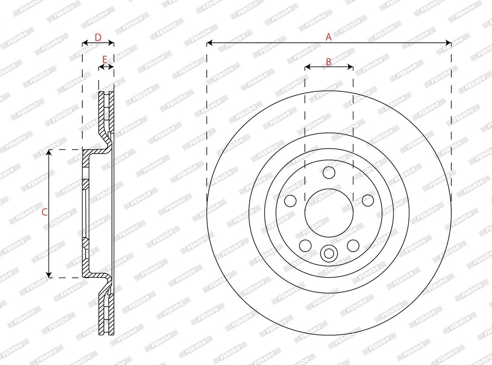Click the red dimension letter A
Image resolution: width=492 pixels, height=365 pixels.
pyautogui.click(x=329, y=37)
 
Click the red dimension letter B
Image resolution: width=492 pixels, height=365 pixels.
pyautogui.click(x=329, y=62)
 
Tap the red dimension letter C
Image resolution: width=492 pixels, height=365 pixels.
pyautogui.click(x=45, y=212)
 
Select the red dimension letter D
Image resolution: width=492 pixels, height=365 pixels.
pyautogui.click(x=98, y=37)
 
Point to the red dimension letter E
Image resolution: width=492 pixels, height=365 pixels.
pyautogui.click(x=105, y=59)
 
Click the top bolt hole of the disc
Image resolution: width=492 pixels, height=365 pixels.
pyautogui.click(x=329, y=172)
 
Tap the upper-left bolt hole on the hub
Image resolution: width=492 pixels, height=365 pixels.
pyautogui.click(x=290, y=201)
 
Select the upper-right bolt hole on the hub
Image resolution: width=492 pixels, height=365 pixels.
pyautogui.click(x=368, y=200)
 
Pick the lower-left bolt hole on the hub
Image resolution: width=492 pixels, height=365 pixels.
pyautogui.click(x=305, y=245)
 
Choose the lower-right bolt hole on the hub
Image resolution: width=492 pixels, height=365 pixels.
pyautogui.click(x=353, y=245)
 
